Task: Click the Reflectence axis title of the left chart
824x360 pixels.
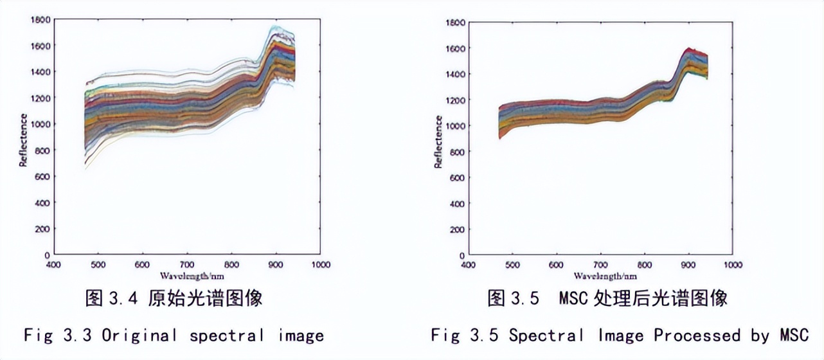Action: [x=23, y=140]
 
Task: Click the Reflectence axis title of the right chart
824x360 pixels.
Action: [x=438, y=142]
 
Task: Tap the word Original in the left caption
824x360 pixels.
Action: [x=139, y=335]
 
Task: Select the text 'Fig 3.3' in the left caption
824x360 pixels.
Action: [x=58, y=335]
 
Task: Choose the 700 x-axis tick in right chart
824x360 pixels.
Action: [x=600, y=265]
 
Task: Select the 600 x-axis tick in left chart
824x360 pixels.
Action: [x=142, y=264]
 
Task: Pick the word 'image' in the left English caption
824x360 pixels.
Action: [x=301, y=335]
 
